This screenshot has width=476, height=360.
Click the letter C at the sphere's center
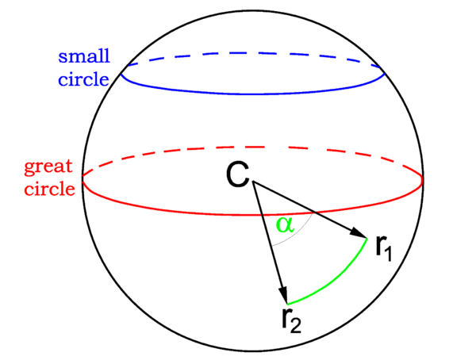click(239, 174)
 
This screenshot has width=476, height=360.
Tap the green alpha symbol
click(284, 225)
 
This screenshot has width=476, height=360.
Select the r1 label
click(383, 249)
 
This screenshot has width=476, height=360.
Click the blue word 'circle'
click(83, 81)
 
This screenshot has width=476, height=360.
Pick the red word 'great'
click(49, 167)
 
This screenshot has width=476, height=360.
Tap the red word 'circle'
click(49, 189)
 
